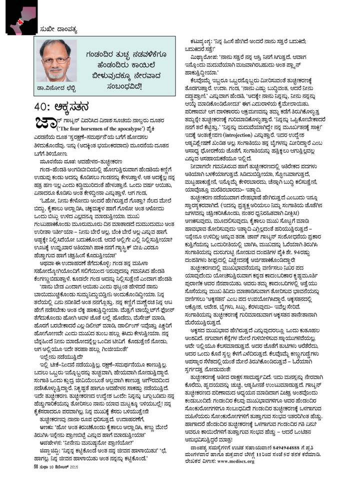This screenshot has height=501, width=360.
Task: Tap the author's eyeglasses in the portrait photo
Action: coord(55,59)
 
